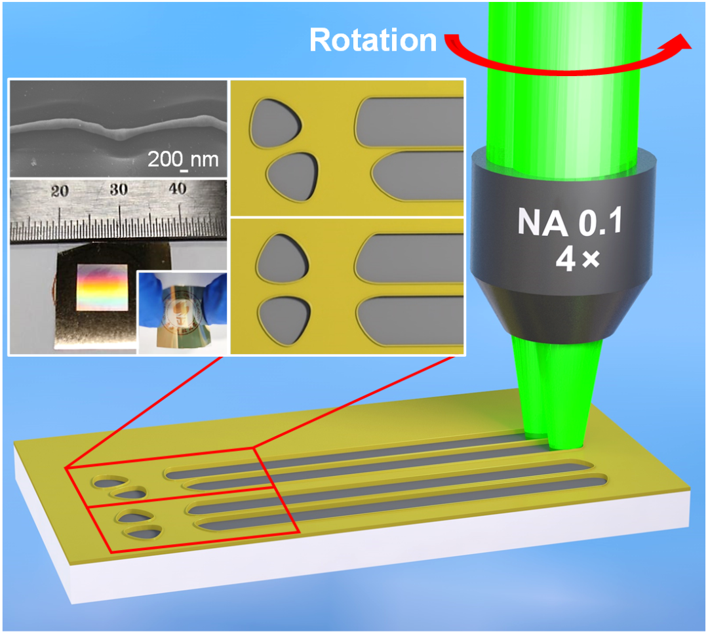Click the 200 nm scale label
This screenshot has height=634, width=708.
[182, 159]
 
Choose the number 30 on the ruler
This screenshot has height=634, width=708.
[119, 190]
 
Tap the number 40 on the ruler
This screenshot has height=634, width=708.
[178, 189]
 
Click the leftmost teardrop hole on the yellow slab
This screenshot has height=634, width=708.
[106, 483]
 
